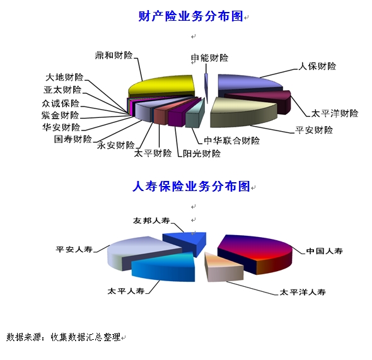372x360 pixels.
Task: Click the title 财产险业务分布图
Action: tap(191, 16)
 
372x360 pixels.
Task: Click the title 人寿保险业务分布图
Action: tap(191, 186)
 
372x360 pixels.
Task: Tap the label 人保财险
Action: tap(317, 66)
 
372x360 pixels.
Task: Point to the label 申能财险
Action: tap(209, 58)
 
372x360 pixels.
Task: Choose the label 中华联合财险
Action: tap(232, 141)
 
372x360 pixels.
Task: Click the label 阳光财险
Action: tap(202, 154)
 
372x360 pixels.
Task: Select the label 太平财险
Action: tap(153, 153)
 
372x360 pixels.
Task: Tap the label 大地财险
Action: tap(64, 78)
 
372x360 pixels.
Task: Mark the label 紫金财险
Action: tap(61, 115)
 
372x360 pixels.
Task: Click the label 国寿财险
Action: tap(73, 139)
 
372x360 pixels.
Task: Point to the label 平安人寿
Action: tap(74, 249)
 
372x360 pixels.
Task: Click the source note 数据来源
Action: tap(23, 337)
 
